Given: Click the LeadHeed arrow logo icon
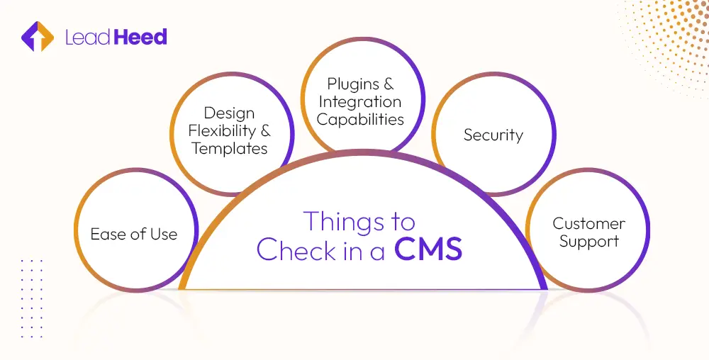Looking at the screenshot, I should point(38,37).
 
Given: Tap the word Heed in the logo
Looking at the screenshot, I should point(140,37).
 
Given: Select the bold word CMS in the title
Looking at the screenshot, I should point(428,249).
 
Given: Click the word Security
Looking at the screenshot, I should point(493,135).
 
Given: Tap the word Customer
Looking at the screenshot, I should point(589,223).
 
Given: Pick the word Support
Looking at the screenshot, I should point(589,241).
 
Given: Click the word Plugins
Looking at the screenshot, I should point(353,84).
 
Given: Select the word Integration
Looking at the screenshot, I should point(360,101).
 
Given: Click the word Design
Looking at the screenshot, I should point(229,113).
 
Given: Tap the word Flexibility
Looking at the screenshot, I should point(221,130).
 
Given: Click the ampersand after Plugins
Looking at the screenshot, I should point(388,84).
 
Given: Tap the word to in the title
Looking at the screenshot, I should point(401,222).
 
